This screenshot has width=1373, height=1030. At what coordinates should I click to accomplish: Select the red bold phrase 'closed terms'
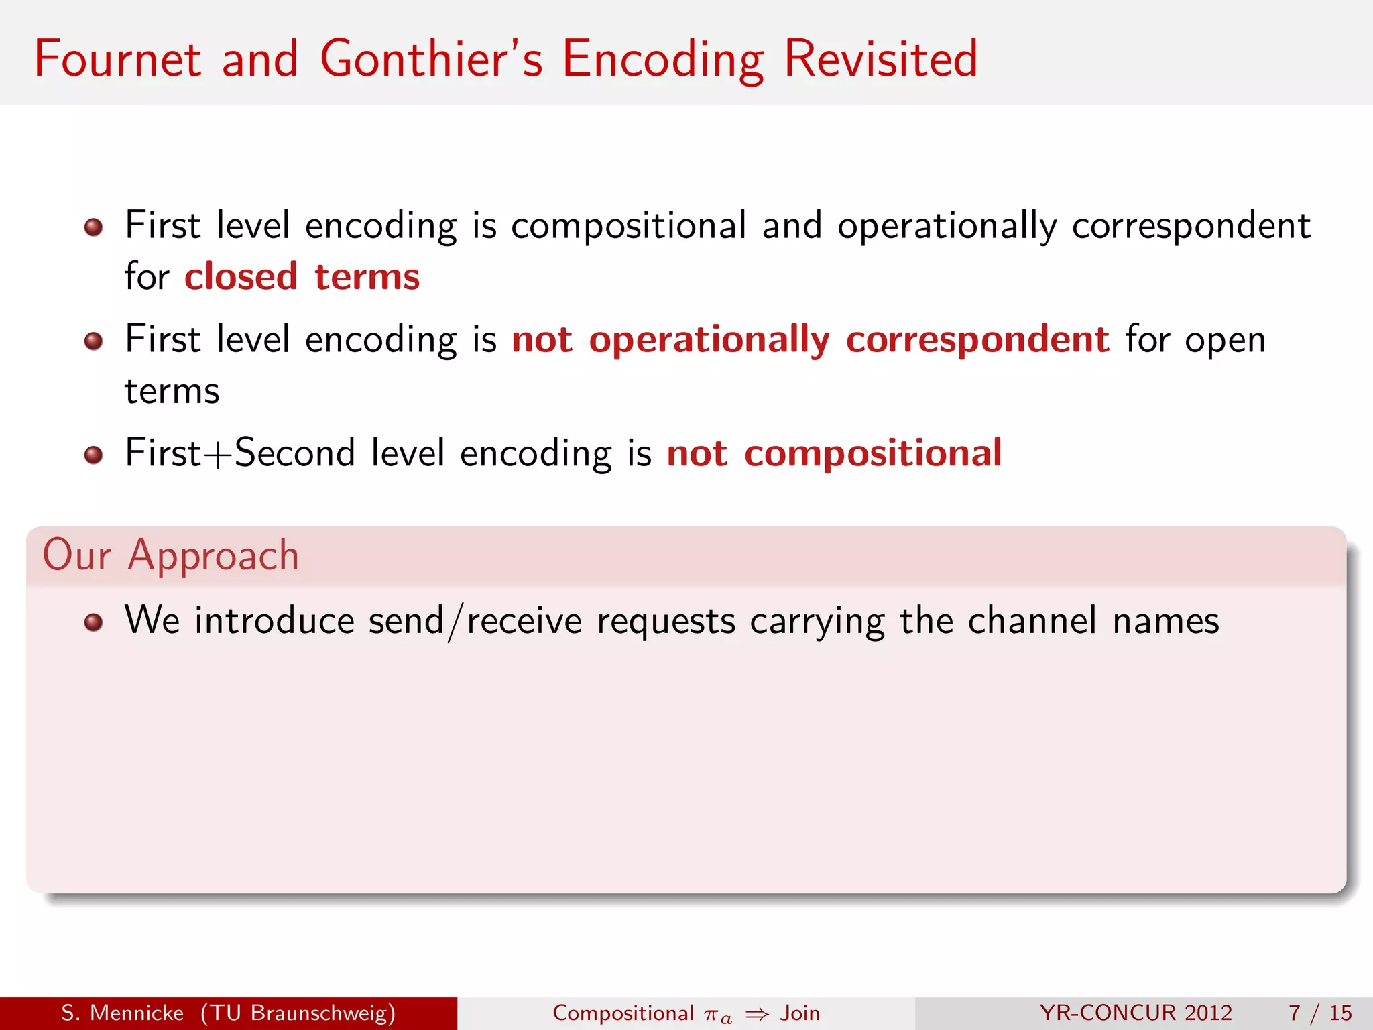tap(302, 276)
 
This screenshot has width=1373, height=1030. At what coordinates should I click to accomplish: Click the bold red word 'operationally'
tap(709, 339)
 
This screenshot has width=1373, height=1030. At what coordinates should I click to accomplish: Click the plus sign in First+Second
tap(218, 455)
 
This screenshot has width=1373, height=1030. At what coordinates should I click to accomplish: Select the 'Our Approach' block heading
tap(170, 555)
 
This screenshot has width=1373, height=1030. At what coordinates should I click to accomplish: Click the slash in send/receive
tap(455, 622)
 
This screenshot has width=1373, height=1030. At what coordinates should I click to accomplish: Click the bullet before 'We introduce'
tap(93, 622)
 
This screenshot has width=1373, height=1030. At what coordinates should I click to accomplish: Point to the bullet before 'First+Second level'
tap(93, 455)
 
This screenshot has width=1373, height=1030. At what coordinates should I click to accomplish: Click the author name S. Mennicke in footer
tap(122, 1013)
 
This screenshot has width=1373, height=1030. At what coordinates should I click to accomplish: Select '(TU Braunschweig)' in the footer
tap(298, 1013)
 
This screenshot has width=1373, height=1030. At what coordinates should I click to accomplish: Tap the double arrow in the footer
tap(757, 1014)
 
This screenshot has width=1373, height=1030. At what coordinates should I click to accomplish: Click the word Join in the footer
tap(800, 1013)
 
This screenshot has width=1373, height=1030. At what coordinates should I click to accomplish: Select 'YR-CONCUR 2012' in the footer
tap(1136, 1013)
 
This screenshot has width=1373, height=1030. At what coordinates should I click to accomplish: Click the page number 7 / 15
tap(1319, 1013)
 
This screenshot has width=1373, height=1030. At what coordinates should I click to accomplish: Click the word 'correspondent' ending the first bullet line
tap(1191, 226)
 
